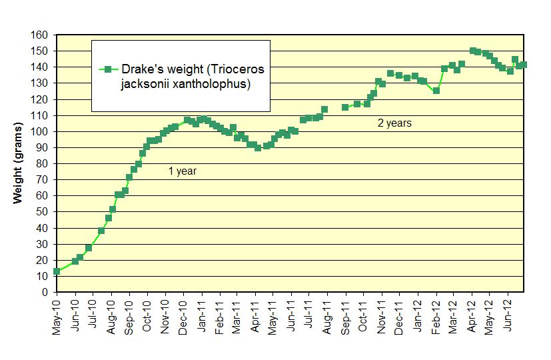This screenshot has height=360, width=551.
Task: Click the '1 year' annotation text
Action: tap(182, 171)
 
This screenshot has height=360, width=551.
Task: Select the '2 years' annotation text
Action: tap(394, 123)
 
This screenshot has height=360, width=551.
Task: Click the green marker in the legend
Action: tap(107, 69)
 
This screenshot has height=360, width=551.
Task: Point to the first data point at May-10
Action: tap(57, 271)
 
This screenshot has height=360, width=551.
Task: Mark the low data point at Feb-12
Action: tap(436, 91)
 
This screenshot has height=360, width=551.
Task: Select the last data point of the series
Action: tap(524, 65)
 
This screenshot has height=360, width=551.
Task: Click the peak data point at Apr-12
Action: tap(472, 51)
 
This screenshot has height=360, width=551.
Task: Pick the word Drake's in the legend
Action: tap(137, 69)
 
